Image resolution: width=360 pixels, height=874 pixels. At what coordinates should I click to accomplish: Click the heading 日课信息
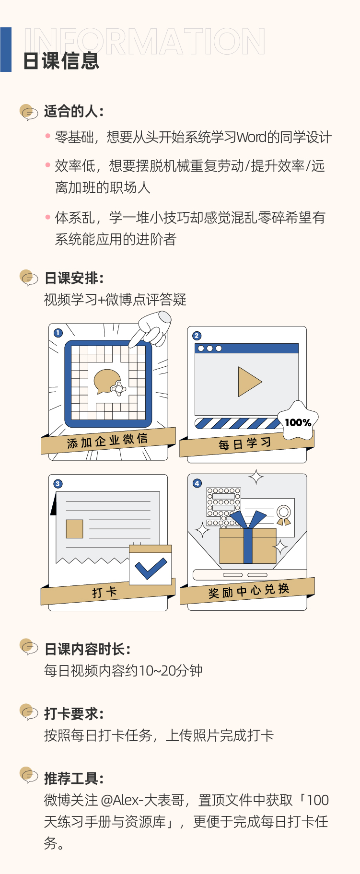tap(61, 61)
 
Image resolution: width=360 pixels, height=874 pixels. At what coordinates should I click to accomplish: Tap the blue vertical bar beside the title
tap(6, 49)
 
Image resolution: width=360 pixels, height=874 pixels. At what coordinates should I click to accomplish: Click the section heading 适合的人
tap(73, 111)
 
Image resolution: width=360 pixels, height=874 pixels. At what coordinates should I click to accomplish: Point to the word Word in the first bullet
tap(251, 138)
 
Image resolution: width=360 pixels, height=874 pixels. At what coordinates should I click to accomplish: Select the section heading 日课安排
tap(73, 278)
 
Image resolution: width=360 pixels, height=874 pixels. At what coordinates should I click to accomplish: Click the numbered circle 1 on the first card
tap(58, 333)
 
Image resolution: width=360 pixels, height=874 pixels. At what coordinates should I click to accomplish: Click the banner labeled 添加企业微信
tap(108, 441)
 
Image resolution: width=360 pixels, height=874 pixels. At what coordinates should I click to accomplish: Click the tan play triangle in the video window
tap(249, 382)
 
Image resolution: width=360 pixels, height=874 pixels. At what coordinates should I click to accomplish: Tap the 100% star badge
tap(298, 421)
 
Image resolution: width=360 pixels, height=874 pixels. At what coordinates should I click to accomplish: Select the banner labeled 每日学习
tap(245, 444)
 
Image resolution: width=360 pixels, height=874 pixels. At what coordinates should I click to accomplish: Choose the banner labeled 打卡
tap(105, 593)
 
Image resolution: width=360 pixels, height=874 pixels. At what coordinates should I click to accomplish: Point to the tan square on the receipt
tap(74, 528)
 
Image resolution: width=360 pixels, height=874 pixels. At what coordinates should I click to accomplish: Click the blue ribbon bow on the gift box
tap(248, 520)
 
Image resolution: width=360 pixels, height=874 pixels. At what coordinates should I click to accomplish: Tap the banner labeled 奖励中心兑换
tap(248, 591)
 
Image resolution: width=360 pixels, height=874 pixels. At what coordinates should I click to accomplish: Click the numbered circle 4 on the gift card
tap(197, 483)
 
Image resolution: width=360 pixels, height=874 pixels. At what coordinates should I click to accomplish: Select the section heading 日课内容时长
tap(87, 649)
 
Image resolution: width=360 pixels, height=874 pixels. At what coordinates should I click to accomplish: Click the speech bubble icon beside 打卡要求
tap(29, 712)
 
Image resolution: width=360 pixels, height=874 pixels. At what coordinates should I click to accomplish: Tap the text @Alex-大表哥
tap(142, 800)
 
